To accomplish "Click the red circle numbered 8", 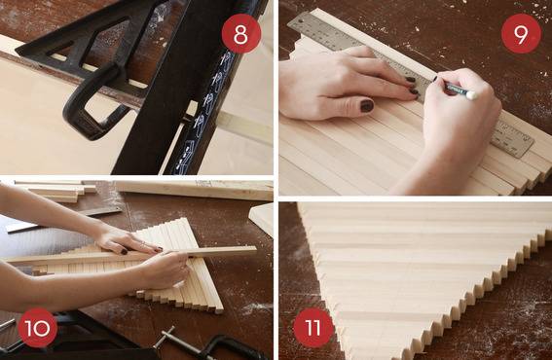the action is (241, 34).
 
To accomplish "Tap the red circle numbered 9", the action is (521, 34).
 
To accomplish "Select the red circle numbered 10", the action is (38, 328).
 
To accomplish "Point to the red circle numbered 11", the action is (313, 328).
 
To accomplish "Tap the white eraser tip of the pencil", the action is (472, 94).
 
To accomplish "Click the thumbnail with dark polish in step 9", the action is (366, 106).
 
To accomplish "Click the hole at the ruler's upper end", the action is (301, 21).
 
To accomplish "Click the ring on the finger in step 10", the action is (143, 243).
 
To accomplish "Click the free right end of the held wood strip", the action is (255, 250).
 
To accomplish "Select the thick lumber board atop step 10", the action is (193, 190).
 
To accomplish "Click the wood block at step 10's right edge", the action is (262, 219).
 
